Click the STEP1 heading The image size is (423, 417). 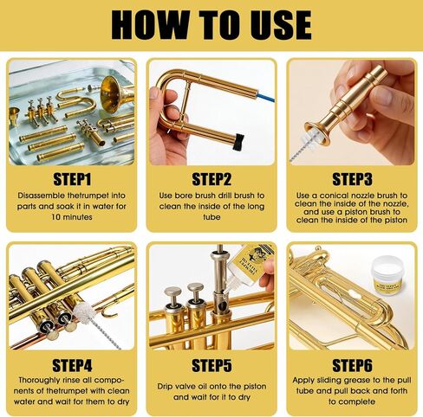[71, 180]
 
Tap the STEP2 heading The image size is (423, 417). [211, 180]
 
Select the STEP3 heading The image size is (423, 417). [352, 180]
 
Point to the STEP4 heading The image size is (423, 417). [71, 364]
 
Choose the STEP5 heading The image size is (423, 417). [211, 364]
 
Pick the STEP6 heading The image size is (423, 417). [352, 364]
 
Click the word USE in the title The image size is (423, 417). [274, 25]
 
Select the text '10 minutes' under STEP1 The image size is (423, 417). [71, 221]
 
